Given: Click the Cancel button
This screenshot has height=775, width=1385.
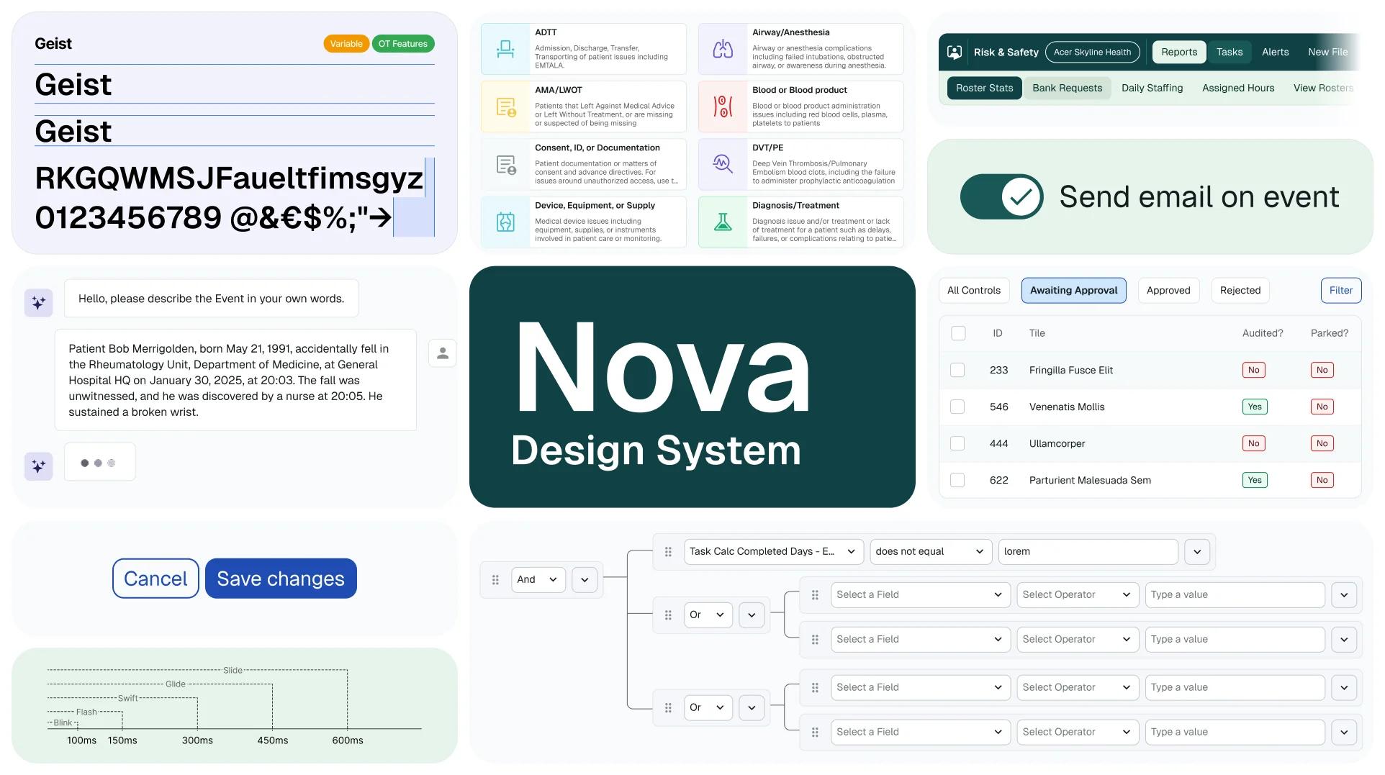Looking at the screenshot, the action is click(x=155, y=579).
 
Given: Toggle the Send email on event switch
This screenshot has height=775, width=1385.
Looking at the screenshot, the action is click(x=1001, y=196).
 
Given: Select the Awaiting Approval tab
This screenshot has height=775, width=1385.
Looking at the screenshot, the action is click(x=1073, y=290).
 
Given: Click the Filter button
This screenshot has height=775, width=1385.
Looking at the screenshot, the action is click(x=1340, y=290).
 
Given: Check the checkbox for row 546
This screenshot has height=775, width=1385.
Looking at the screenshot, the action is click(x=957, y=407).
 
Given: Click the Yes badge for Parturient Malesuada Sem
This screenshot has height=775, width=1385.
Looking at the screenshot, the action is click(x=1254, y=480).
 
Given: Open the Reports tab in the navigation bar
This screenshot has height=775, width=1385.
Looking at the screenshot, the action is click(x=1178, y=52).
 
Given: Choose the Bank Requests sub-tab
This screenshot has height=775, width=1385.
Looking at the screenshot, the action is click(x=1067, y=88).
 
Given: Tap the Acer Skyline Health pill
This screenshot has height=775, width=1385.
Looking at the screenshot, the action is click(x=1092, y=52).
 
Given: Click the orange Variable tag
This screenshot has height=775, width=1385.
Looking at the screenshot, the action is click(x=346, y=44).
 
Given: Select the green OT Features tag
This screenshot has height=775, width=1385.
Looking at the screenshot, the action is click(x=402, y=44).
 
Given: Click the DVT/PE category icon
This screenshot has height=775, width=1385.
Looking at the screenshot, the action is click(x=723, y=164).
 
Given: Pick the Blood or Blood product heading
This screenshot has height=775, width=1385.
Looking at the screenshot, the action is click(x=799, y=90).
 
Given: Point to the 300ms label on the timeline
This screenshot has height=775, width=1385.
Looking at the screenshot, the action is click(x=197, y=740).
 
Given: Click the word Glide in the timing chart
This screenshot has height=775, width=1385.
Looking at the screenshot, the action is click(x=176, y=684).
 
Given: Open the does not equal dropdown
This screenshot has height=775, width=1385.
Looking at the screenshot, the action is click(x=929, y=551).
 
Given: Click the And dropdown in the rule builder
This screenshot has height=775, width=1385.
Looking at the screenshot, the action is click(x=538, y=579).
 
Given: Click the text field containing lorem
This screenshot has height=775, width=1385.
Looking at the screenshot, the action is click(x=1087, y=551).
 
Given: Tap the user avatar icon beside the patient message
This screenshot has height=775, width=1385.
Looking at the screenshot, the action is click(x=443, y=353).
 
